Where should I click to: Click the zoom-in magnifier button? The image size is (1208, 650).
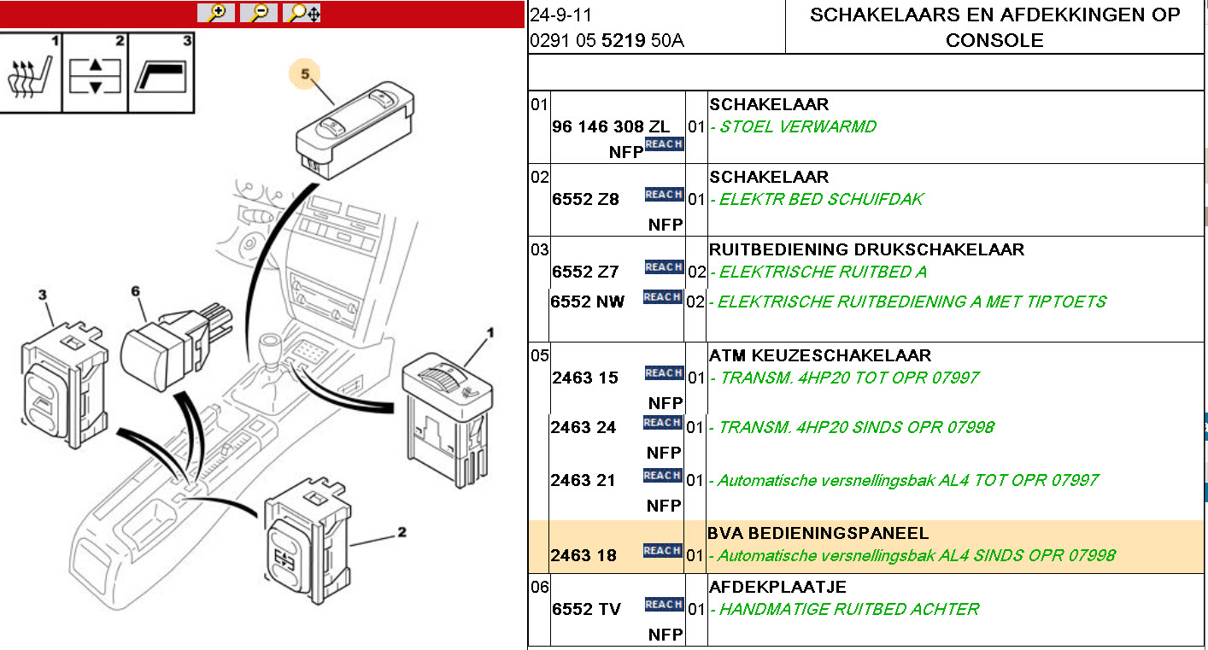pos(217,13)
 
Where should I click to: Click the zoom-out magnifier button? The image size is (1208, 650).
pos(259,13)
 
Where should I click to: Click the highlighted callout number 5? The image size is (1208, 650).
pos(305,74)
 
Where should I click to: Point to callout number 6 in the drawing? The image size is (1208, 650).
pos(135,291)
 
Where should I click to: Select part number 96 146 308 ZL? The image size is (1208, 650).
pos(611,126)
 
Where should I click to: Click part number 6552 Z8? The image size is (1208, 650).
pos(585,199)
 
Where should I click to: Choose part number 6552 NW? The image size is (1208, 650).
pos(588,302)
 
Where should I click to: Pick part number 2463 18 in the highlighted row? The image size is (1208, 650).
pos(583,556)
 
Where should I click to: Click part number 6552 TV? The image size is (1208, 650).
pos(586,609)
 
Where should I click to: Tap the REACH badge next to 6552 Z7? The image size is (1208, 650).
pos(663,267)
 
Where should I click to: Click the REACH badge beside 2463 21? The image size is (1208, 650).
pos(663,476)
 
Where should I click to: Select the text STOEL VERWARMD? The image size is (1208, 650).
pos(798,127)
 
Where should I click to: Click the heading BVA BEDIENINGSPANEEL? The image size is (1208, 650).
pos(818,534)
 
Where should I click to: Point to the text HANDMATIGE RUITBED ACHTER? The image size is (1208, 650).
pos(848,609)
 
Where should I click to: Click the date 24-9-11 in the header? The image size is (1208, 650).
pos(561,15)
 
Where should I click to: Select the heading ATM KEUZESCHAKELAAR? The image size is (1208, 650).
pos(819,355)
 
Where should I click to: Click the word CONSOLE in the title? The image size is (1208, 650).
pos(994,40)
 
